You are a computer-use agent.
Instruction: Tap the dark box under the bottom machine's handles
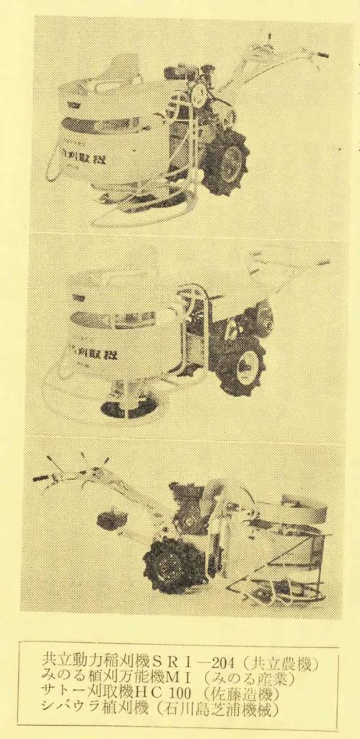pyautogui.click(x=112, y=520)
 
